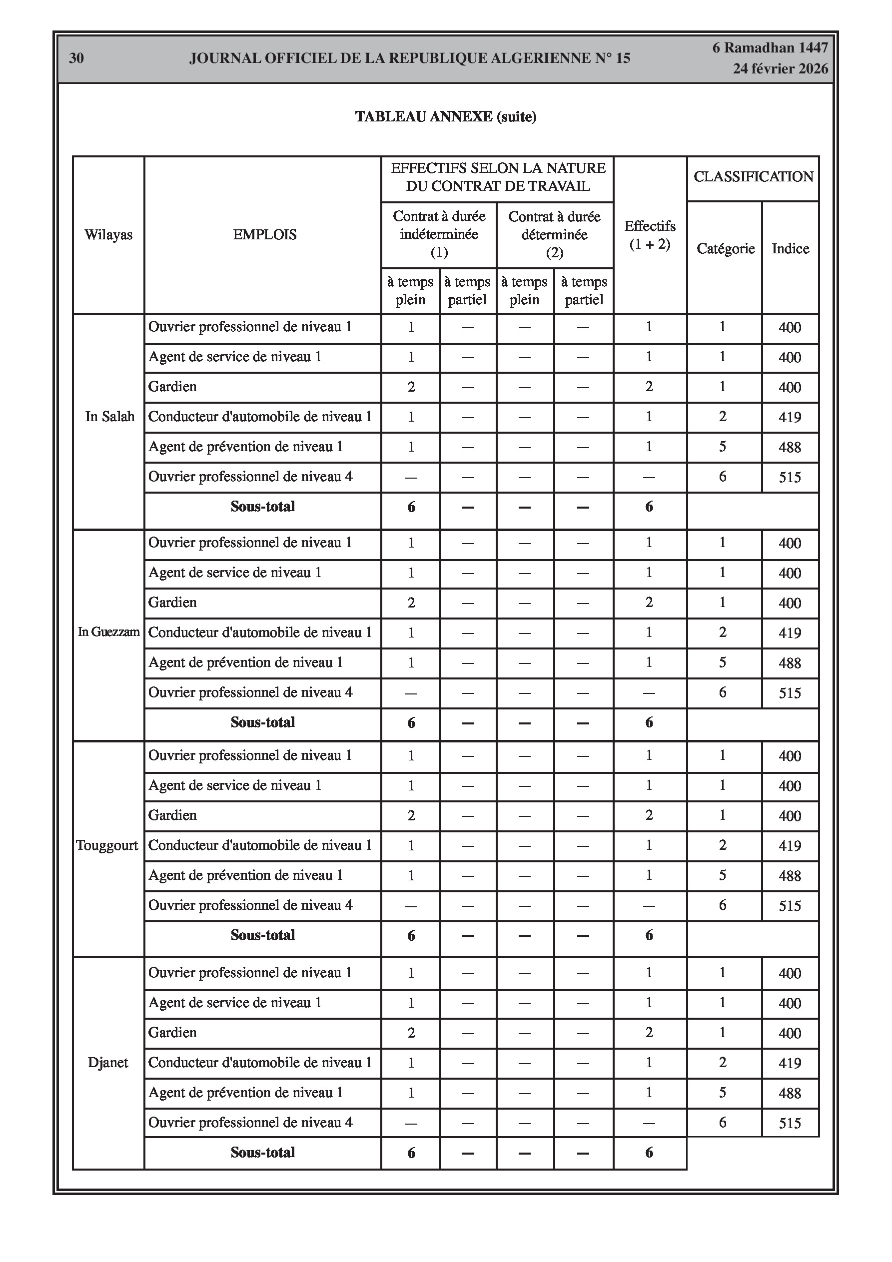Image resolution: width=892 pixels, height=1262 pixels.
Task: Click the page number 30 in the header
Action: (76, 58)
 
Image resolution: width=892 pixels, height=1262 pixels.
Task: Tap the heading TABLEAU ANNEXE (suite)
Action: (445, 116)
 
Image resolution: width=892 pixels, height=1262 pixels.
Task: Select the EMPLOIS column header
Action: (264, 235)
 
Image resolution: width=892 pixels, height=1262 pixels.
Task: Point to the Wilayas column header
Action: (108, 235)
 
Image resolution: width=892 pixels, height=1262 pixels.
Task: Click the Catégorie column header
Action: (725, 248)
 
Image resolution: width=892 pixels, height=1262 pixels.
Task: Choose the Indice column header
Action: (790, 248)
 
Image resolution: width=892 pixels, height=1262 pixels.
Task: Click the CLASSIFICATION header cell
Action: (753, 177)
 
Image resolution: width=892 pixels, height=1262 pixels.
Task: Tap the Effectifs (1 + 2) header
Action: (650, 235)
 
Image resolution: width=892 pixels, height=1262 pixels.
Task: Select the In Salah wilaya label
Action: (109, 417)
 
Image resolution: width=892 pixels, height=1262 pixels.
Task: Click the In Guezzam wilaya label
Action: (108, 632)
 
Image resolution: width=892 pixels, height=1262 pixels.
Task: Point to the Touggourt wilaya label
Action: (107, 845)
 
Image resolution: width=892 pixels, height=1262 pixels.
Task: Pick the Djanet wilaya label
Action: (108, 1063)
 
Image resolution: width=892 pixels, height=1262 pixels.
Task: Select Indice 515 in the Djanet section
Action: (790, 1123)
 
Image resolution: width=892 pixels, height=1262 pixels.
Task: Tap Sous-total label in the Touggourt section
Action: (262, 935)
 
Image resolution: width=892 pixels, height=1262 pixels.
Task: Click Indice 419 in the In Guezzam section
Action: (790, 632)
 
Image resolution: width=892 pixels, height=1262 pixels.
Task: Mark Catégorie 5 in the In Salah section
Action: (723, 447)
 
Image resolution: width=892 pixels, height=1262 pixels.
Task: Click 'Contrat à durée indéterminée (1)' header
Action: (439, 235)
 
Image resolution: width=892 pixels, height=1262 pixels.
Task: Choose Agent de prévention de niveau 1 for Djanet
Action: (245, 1093)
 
